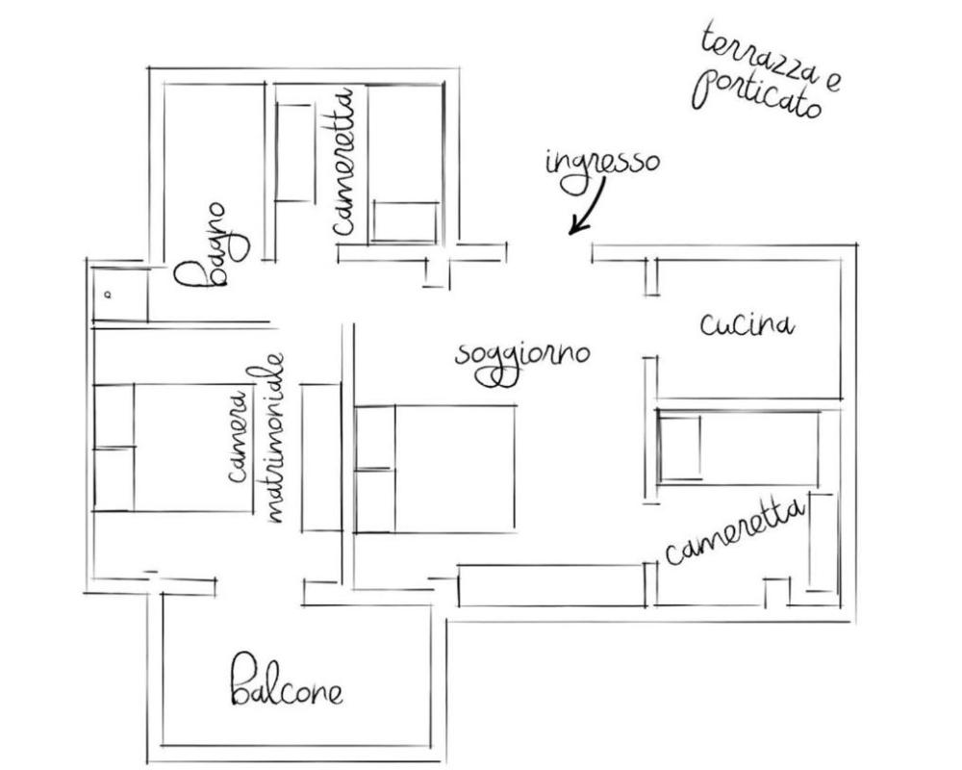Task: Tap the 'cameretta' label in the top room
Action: pyautogui.click(x=343, y=162)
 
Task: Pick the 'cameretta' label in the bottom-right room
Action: pyautogui.click(x=734, y=531)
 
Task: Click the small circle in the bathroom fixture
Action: pyautogui.click(x=109, y=295)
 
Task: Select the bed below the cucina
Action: pyautogui.click(x=738, y=448)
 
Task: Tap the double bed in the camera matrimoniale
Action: pyautogui.click(x=173, y=448)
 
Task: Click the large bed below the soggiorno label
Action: pyautogui.click(x=435, y=469)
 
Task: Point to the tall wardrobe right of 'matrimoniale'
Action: pyautogui.click(x=321, y=458)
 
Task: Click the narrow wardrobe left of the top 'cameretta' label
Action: pyautogui.click(x=294, y=153)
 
